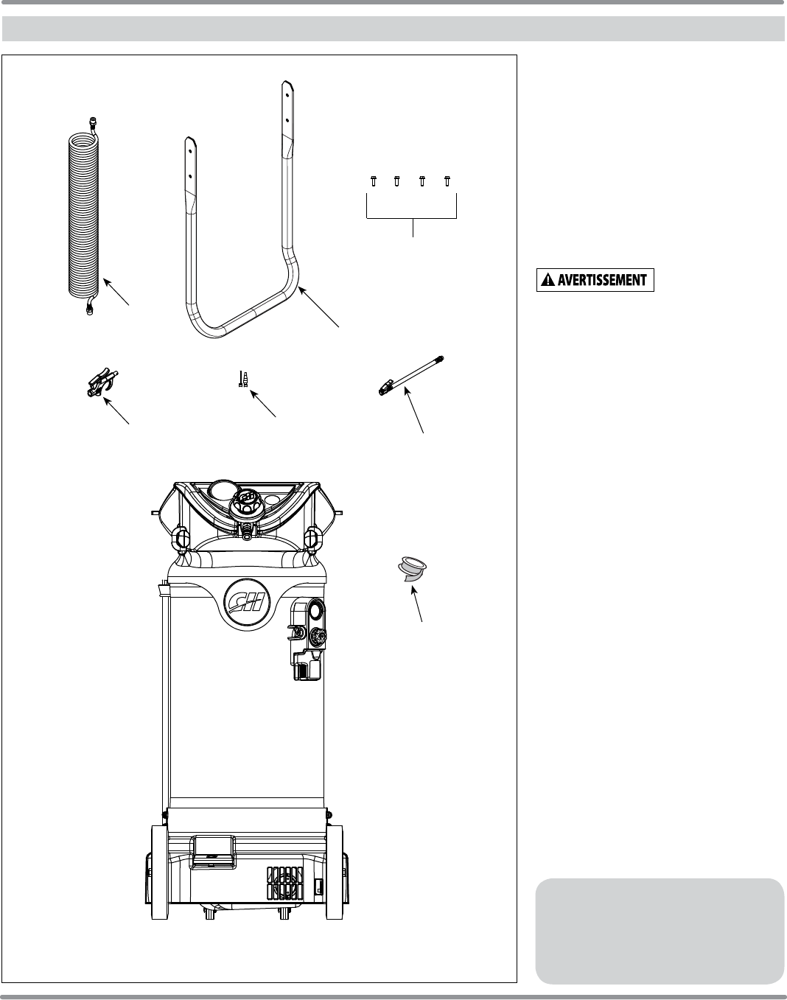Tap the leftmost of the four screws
point(373,181)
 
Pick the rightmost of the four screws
point(447,181)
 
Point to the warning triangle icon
point(546,281)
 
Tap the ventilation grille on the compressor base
point(284,881)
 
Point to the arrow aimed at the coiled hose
point(118,293)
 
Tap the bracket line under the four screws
point(412,217)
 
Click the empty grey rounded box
point(660,930)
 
